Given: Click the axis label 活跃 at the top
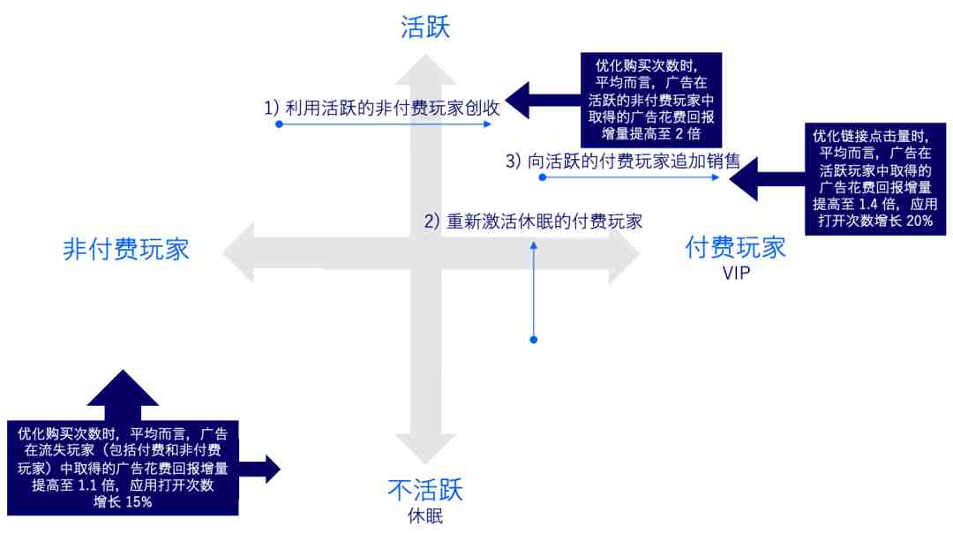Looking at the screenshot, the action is click(x=424, y=27).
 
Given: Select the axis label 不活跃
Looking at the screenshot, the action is click(x=425, y=490).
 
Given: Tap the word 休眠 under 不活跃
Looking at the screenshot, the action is click(x=425, y=516).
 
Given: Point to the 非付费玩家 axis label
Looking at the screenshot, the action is click(x=126, y=250).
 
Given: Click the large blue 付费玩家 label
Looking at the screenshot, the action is click(x=735, y=247).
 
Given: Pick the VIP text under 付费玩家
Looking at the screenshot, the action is click(x=736, y=273).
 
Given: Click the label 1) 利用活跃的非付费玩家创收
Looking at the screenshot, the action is click(x=382, y=108).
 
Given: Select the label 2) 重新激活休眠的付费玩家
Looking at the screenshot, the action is click(x=533, y=221).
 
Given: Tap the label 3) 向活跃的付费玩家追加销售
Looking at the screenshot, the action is click(x=623, y=161).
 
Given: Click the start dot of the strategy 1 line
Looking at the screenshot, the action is click(x=279, y=124).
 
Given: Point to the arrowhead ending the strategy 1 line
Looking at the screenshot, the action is click(x=487, y=124).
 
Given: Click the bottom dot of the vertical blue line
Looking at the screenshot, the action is click(x=534, y=339).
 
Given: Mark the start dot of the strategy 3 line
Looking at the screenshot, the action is click(x=543, y=177).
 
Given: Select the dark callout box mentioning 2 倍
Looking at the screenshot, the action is click(x=651, y=100).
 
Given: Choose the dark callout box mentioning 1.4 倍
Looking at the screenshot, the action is click(x=875, y=179).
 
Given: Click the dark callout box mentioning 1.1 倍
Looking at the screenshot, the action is click(x=123, y=468).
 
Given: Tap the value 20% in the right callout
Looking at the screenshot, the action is click(x=919, y=221).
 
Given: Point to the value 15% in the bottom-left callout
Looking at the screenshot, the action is click(x=139, y=502).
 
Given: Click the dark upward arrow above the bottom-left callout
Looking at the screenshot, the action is click(x=123, y=395).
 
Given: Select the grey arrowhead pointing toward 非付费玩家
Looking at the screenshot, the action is click(x=238, y=252).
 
